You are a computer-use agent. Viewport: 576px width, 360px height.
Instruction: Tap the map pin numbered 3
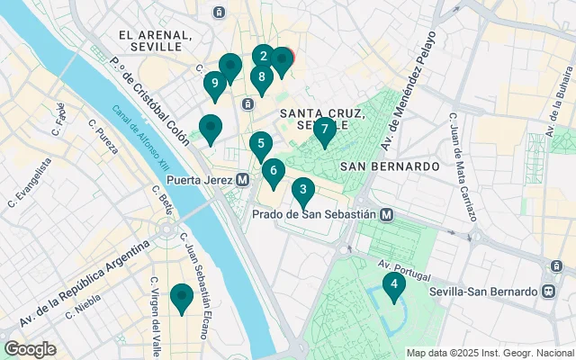pos(303,190)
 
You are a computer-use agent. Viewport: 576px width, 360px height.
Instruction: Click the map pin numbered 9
pos(213,85)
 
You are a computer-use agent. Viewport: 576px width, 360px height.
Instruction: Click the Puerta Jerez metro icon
pos(242,180)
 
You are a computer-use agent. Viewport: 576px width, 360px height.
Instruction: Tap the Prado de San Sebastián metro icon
pos(386,214)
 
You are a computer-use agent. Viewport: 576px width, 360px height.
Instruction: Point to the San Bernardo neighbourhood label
pos(390,166)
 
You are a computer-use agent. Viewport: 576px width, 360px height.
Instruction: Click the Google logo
pos(30,349)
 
